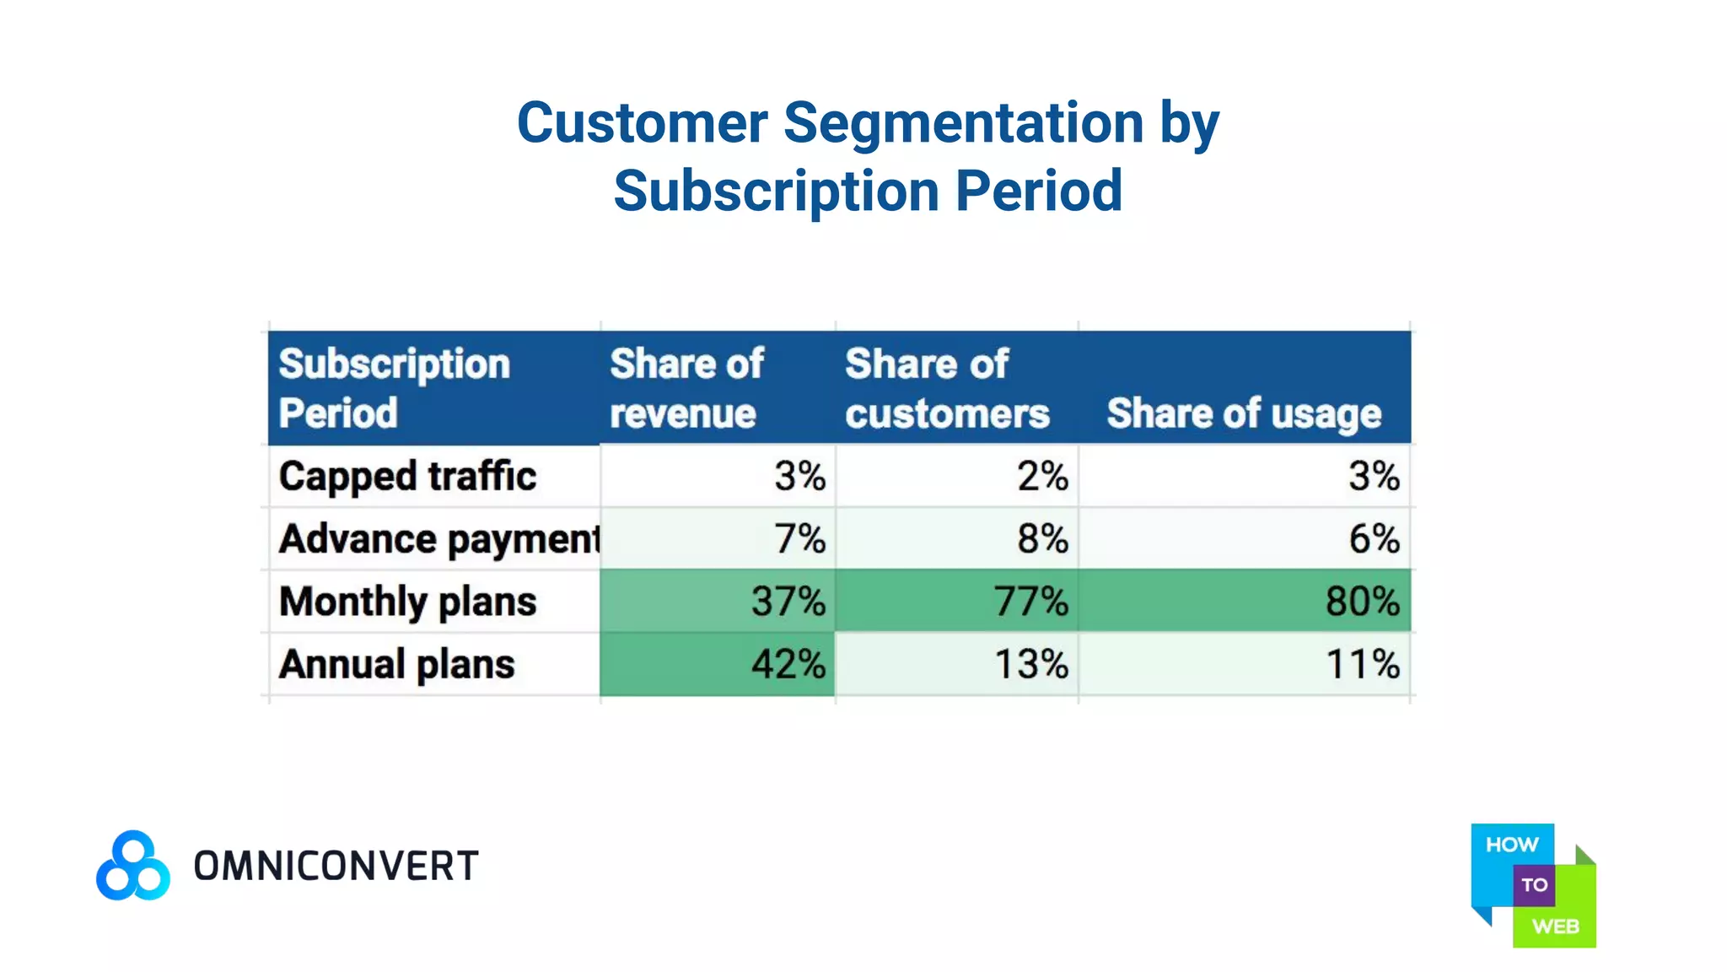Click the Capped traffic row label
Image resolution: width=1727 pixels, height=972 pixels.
(x=407, y=476)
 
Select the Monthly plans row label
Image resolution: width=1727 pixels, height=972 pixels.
(x=407, y=602)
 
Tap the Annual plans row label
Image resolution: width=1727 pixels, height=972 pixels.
(x=396, y=664)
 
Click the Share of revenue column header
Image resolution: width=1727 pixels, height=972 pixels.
(x=686, y=388)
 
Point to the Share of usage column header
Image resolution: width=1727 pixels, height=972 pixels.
(x=1244, y=413)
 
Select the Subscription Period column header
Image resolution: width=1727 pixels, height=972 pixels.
(x=394, y=388)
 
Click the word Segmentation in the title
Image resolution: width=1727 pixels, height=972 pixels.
(x=963, y=123)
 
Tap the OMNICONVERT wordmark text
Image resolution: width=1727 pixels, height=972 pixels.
(x=336, y=867)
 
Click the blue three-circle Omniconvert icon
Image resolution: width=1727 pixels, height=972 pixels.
(x=133, y=866)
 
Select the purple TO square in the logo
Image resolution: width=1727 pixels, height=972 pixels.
(x=1534, y=885)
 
